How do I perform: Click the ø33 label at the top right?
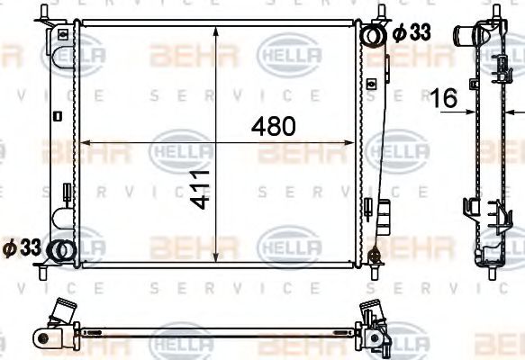click(412, 32)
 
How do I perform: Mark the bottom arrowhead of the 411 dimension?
click(215, 260)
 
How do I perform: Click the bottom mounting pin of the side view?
click(491, 271)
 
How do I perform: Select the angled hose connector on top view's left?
click(64, 315)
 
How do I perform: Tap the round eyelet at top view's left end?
click(42, 337)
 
